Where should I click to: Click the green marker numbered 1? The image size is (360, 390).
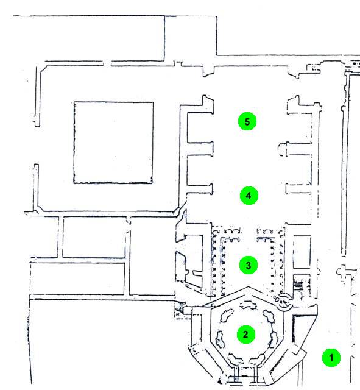click(x=331, y=358)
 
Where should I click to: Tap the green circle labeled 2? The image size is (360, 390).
click(x=245, y=335)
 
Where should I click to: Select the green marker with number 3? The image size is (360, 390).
click(x=249, y=265)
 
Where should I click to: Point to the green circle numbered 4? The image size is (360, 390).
click(x=249, y=196)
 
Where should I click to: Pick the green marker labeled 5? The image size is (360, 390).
click(x=247, y=122)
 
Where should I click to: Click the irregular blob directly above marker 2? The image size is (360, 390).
click(x=248, y=305)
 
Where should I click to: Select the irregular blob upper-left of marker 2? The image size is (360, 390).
click(x=227, y=315)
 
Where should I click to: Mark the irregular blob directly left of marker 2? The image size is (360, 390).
click(x=220, y=339)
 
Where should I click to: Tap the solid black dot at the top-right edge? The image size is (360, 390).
click(x=355, y=63)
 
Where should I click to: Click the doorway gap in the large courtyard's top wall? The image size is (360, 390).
click(x=107, y=63)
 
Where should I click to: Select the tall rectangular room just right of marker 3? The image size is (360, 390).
click(x=302, y=252)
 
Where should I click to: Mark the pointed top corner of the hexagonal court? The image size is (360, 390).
click(x=248, y=287)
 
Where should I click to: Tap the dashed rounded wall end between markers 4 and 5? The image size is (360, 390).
click(x=283, y=149)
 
